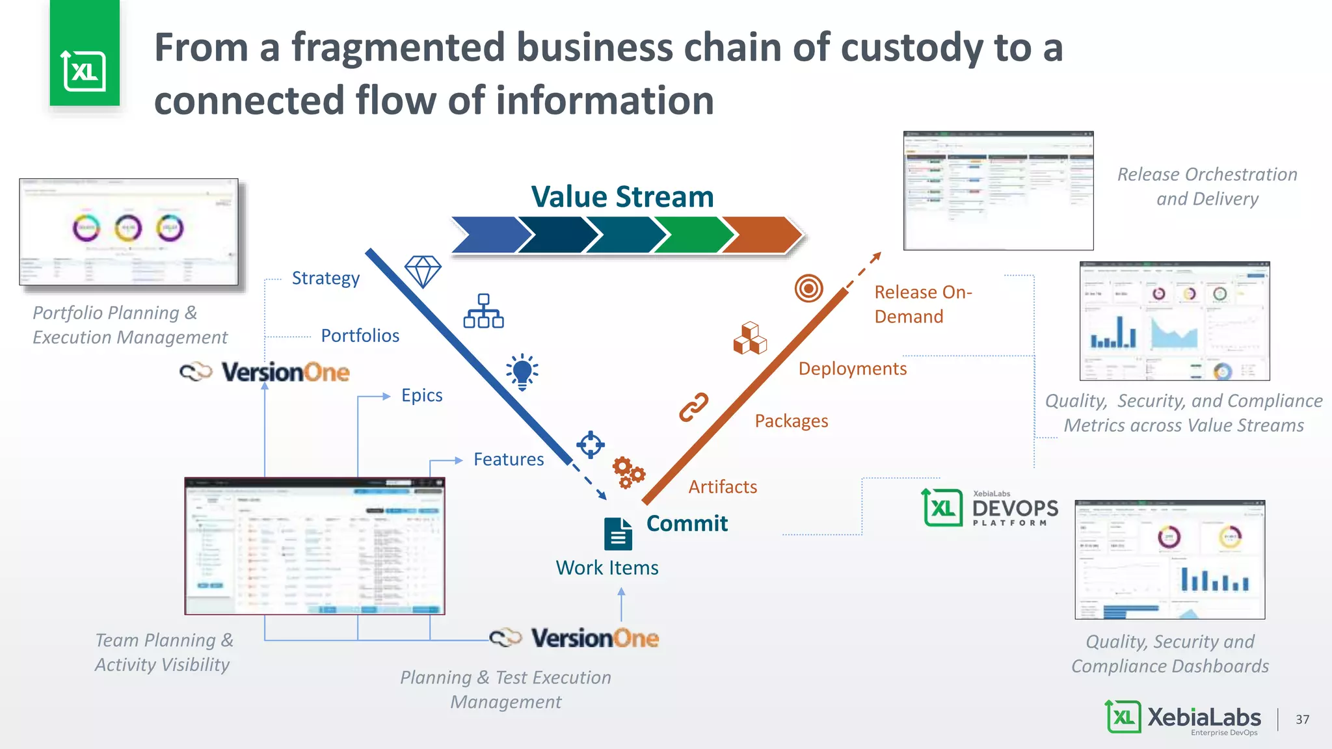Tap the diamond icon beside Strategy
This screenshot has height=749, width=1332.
423,271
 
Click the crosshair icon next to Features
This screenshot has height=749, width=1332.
591,445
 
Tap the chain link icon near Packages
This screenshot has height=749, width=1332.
694,408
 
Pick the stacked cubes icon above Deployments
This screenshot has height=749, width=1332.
750,338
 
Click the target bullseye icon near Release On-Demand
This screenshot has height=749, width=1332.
808,288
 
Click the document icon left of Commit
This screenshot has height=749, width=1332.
617,534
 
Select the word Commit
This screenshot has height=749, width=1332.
687,523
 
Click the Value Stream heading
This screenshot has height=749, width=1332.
622,196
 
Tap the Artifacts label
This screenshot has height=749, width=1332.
723,487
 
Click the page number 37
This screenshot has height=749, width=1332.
1302,719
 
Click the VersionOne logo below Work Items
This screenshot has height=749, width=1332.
575,638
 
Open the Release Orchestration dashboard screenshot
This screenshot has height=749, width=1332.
998,191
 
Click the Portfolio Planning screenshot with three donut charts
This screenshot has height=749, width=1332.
129,232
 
